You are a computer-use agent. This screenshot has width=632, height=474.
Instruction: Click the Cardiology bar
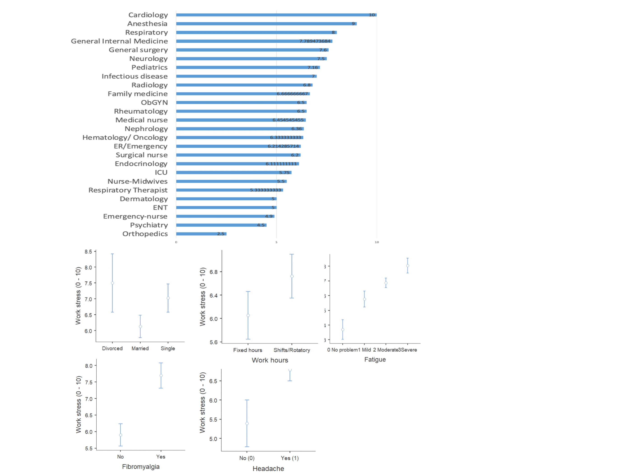276,15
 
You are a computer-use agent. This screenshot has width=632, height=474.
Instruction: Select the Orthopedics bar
201,234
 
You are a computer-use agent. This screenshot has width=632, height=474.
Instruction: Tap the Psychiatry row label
149,225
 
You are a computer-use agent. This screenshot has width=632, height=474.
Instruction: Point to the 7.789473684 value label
315,41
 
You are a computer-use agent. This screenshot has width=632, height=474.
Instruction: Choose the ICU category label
161,173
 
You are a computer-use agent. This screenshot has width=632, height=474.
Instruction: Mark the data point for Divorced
112,283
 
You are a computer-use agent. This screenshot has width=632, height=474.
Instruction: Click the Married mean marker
140,327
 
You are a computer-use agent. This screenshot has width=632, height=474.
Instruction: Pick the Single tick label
168,348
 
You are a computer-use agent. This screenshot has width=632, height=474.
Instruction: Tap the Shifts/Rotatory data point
292,276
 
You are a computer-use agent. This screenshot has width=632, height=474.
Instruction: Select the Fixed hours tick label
247,350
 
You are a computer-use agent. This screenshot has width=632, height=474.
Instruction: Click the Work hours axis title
270,360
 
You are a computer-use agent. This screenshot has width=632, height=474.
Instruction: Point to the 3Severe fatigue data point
408,266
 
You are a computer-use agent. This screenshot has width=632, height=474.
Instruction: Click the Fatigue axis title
375,359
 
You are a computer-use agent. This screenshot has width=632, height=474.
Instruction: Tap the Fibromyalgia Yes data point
161,376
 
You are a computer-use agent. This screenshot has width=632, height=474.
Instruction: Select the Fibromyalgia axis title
141,467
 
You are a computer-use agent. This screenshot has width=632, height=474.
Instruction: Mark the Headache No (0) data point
247,423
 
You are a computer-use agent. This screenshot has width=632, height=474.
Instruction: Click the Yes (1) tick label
290,458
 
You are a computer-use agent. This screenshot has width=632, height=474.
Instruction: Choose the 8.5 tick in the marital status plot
88,252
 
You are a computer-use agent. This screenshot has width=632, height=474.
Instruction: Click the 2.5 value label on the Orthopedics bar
221,234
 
